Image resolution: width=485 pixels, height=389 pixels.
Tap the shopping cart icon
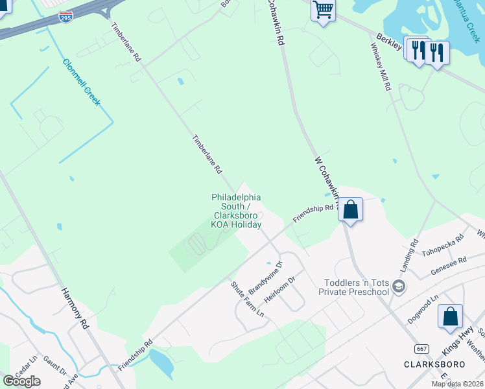coord(322,10)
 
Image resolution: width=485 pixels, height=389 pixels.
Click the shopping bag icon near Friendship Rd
coord(350,209)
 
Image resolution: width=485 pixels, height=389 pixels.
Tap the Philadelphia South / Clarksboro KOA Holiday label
coord(236,211)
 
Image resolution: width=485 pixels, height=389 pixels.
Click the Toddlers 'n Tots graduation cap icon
coord(400,286)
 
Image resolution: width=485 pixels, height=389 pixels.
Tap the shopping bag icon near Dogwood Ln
coord(450,316)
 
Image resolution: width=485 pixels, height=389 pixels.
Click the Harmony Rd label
coord(75,309)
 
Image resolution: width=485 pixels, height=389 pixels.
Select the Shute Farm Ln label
coord(248,299)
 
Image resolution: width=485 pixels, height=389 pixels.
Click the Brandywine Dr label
coord(266,278)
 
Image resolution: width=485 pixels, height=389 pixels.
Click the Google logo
coord(21,381)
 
